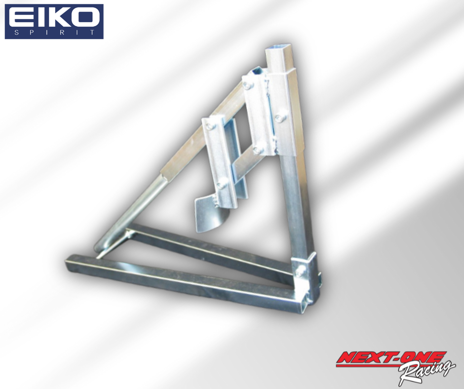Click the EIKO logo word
(x=54, y=17)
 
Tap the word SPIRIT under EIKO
(x=54, y=32)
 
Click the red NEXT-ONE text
(x=391, y=358)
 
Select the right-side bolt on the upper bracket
(x=279, y=118)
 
